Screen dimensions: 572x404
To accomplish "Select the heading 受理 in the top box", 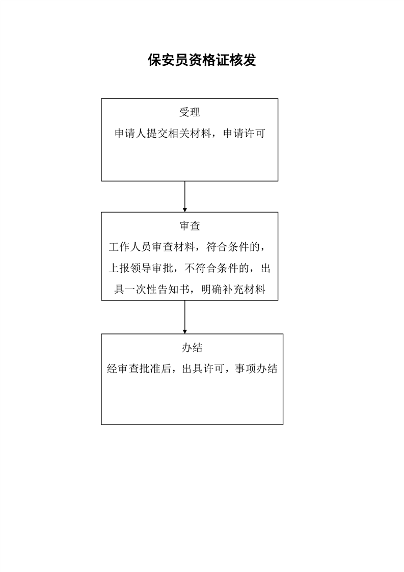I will click(x=190, y=113).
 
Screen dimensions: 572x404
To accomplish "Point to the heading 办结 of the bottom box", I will click(x=192, y=348).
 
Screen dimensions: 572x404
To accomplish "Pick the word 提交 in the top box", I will click(x=157, y=134).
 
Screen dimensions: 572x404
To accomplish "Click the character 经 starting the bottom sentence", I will click(x=113, y=369).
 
